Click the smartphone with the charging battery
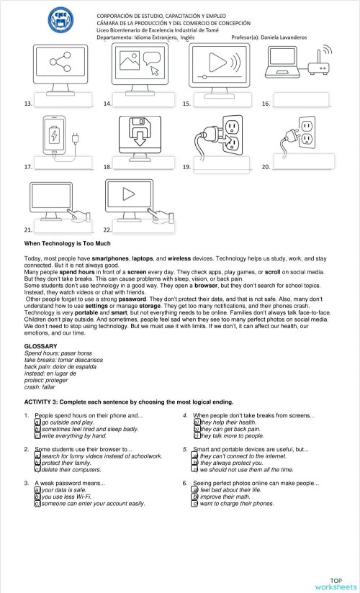tap(54, 135)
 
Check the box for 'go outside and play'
tap(37, 422)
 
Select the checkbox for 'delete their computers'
tap(37, 468)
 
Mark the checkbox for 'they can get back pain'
tap(196, 429)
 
